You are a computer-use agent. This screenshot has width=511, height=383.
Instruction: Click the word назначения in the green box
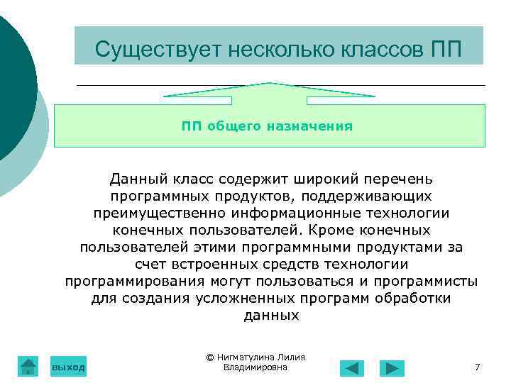click(x=309, y=126)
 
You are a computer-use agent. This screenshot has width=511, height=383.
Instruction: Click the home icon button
click(x=28, y=366)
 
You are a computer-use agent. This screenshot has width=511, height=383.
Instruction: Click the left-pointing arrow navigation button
click(x=351, y=368)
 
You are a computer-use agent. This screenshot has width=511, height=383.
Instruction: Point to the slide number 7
click(x=477, y=367)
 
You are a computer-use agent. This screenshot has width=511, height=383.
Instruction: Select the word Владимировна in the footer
click(x=255, y=367)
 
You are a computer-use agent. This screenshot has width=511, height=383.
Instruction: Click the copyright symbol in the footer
click(x=210, y=357)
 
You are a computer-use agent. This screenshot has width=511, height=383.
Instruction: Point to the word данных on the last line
click(x=271, y=316)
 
